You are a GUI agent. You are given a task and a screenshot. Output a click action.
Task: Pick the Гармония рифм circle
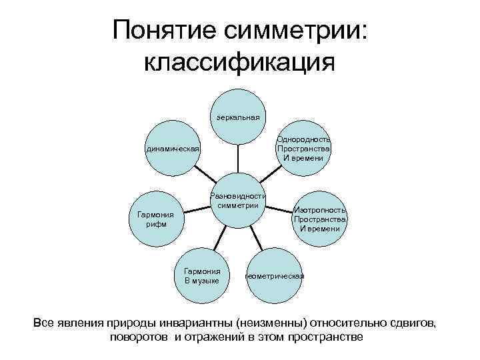(x=155, y=219)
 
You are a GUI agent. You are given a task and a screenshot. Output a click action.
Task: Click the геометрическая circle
(x=275, y=275)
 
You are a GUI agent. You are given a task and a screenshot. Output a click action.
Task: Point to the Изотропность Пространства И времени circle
(x=320, y=219)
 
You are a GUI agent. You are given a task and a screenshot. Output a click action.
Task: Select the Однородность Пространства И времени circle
(x=304, y=148)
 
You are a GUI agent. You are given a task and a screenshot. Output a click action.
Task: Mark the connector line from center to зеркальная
(x=238, y=159)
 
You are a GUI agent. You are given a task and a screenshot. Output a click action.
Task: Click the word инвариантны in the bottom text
(x=209, y=323)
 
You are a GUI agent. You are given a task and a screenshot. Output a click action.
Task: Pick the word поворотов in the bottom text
(x=141, y=337)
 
